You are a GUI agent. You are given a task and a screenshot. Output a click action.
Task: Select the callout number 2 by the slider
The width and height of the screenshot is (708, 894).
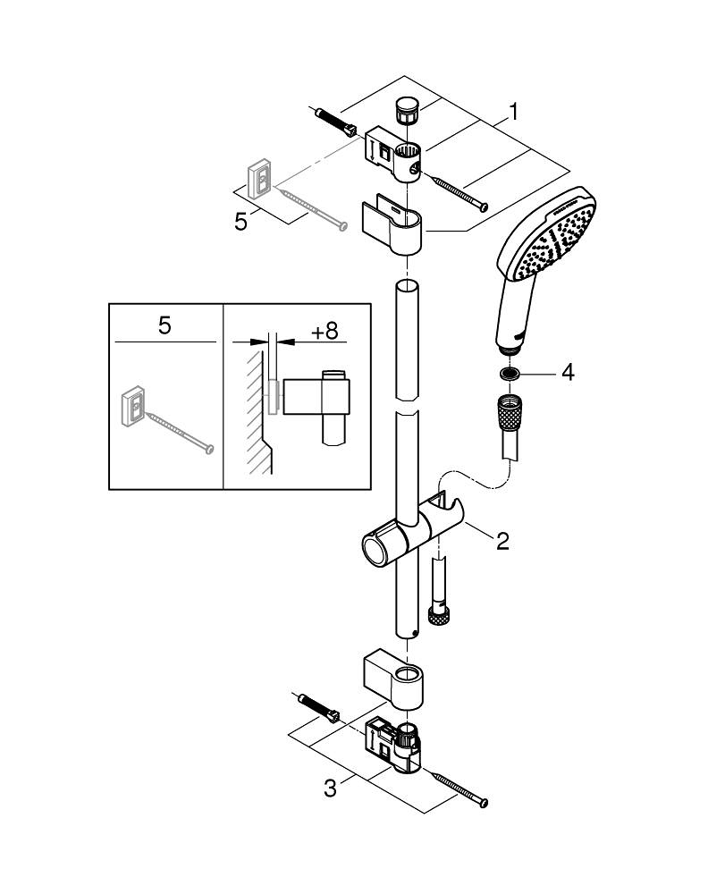[503, 541]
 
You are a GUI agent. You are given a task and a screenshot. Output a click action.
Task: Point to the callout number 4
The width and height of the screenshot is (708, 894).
[568, 372]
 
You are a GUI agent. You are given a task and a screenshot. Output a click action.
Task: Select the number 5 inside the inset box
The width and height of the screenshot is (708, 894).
[164, 325]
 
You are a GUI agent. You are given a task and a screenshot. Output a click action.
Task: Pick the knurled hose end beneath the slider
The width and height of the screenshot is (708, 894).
[438, 615]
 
